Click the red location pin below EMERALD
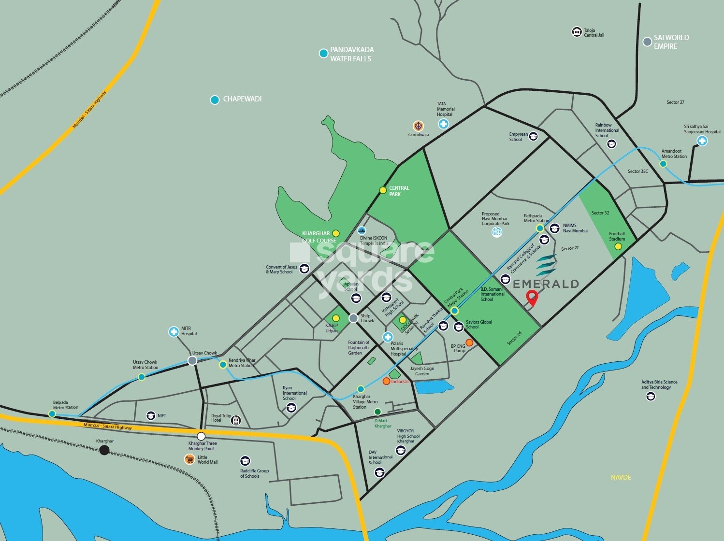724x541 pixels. click(x=532, y=298)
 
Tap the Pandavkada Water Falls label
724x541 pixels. click(x=351, y=54)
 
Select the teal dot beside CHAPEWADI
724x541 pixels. click(x=215, y=100)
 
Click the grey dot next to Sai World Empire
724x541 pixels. click(x=647, y=42)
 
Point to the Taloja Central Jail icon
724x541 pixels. click(x=576, y=32)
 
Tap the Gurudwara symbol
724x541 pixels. click(x=418, y=126)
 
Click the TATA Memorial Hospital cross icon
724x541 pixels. click(x=443, y=124)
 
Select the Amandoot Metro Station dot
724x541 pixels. click(x=663, y=164)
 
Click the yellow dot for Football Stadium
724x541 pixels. click(x=618, y=246)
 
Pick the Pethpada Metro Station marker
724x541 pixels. click(x=540, y=228)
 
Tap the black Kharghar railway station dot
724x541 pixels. click(x=104, y=451)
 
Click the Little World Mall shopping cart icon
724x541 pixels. click(x=189, y=459)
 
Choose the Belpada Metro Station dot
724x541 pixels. click(x=52, y=414)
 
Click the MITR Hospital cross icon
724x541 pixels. click(x=174, y=331)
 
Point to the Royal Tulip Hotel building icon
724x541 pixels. click(x=236, y=420)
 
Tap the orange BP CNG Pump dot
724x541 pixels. click(x=469, y=342)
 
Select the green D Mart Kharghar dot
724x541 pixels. click(x=377, y=412)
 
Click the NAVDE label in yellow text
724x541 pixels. click(x=621, y=477)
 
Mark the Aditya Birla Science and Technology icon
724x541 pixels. click(x=651, y=397)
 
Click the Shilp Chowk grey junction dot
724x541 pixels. click(x=353, y=318)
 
